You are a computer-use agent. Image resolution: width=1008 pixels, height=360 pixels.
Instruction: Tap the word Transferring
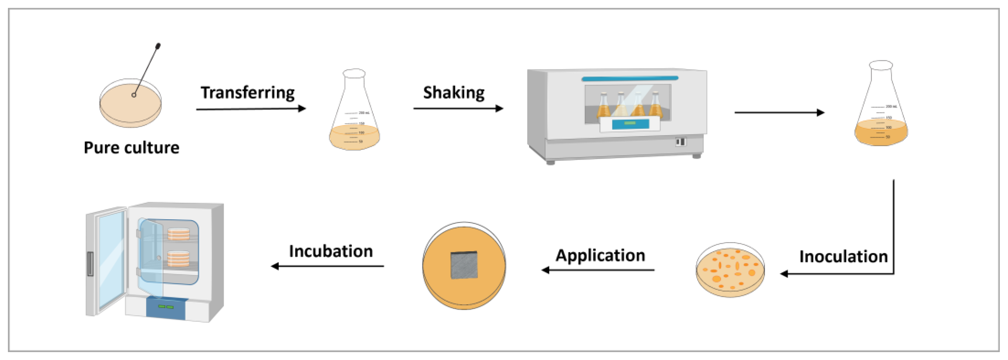click(x=248, y=93)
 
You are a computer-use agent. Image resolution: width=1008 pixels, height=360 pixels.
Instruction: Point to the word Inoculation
click(x=843, y=257)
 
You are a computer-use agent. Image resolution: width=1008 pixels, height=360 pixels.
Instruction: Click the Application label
click(x=600, y=256)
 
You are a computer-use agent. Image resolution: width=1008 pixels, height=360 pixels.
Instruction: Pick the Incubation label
click(x=331, y=251)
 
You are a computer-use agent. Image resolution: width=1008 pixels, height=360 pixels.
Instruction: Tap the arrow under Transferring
click(x=250, y=109)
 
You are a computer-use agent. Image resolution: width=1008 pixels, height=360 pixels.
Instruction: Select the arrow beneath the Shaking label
click(x=458, y=108)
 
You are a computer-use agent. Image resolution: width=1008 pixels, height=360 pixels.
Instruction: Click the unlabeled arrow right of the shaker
click(x=779, y=113)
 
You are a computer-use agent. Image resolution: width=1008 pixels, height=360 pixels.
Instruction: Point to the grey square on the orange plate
click(x=464, y=265)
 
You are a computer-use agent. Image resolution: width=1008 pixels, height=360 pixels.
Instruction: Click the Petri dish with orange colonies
click(x=730, y=270)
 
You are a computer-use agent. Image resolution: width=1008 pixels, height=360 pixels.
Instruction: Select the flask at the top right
click(x=881, y=106)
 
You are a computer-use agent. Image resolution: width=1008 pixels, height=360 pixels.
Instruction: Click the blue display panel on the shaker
click(x=630, y=124)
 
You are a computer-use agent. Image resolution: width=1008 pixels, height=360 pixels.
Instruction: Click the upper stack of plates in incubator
click(x=178, y=234)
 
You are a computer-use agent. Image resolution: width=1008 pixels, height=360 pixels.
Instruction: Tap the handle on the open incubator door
click(x=90, y=264)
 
